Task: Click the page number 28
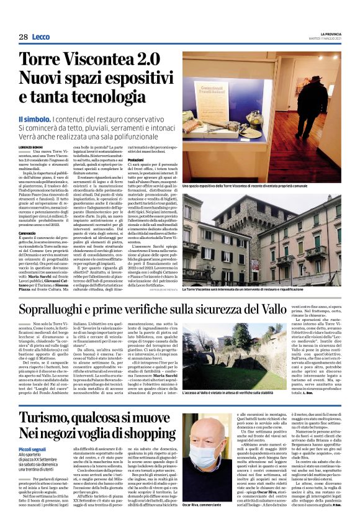coord(23,37)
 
